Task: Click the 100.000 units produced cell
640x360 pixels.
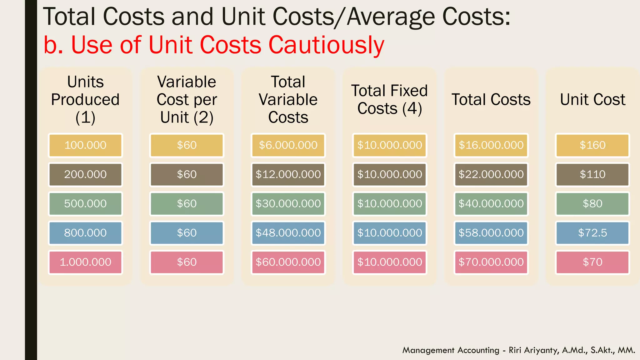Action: click(85, 145)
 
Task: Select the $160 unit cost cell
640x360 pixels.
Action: click(592, 145)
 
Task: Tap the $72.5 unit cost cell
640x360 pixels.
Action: click(592, 233)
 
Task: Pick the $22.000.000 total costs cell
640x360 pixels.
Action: click(491, 174)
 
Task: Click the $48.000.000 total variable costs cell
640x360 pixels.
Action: click(288, 233)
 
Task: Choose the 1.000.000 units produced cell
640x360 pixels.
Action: click(85, 262)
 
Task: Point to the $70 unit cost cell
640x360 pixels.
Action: click(592, 262)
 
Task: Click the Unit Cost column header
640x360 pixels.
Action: click(592, 100)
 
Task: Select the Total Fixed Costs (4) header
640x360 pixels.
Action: click(389, 99)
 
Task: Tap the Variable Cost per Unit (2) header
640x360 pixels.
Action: click(187, 100)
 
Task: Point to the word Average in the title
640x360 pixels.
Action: click(391, 17)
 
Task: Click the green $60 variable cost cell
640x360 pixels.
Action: click(187, 204)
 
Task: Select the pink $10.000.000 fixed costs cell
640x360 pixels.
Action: click(389, 262)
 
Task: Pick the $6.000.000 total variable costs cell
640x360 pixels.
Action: click(288, 145)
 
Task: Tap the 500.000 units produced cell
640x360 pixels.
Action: click(85, 204)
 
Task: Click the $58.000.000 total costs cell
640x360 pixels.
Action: click(491, 233)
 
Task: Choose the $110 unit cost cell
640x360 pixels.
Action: click(592, 174)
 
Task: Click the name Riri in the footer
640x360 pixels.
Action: click(515, 350)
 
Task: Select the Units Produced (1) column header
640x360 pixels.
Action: click(85, 100)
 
